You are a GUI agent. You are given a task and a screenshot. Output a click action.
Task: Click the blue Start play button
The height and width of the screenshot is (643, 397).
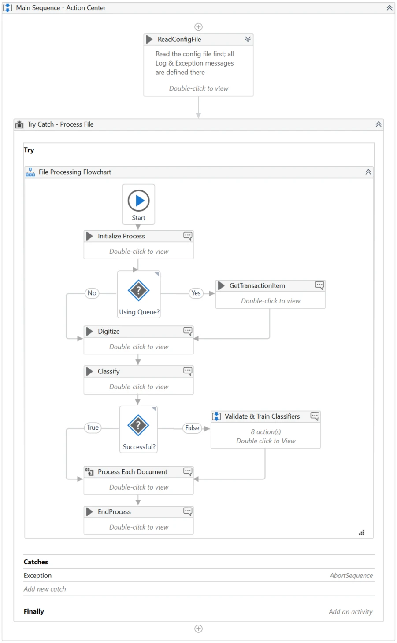click(139, 201)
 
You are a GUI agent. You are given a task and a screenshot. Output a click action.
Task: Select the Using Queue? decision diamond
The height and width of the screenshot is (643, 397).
click(139, 291)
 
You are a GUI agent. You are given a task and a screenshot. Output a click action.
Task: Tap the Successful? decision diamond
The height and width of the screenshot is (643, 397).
click(138, 425)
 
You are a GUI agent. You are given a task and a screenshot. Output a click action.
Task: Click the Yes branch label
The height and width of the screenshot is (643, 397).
click(196, 293)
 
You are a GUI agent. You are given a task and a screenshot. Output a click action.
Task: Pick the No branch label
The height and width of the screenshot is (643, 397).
click(92, 293)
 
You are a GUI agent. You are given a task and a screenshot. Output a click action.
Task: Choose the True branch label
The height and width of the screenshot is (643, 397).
click(93, 427)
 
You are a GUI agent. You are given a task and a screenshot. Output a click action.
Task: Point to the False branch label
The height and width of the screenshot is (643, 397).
click(192, 428)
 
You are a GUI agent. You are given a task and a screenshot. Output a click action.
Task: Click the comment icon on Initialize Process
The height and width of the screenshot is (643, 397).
click(188, 236)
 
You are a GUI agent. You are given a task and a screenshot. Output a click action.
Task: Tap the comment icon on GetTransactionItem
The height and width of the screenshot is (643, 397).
click(319, 285)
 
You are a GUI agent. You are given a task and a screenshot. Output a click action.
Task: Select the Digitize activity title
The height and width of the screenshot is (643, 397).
click(109, 332)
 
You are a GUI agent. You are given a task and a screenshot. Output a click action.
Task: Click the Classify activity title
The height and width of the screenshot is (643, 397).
click(109, 372)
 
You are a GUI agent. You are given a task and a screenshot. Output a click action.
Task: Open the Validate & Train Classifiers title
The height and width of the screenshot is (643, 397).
click(262, 416)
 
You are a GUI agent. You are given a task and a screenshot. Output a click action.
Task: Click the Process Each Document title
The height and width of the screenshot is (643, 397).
click(132, 472)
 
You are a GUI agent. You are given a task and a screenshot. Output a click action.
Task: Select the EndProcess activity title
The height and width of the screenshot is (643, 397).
click(114, 512)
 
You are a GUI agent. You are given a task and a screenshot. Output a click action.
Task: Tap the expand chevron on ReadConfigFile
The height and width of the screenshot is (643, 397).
click(248, 39)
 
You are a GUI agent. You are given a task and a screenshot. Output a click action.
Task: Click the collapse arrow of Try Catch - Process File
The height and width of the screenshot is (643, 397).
click(378, 124)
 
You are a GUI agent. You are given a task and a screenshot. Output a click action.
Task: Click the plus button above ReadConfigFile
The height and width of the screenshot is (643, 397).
click(198, 27)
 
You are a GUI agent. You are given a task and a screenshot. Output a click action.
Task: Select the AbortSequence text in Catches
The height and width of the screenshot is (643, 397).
click(351, 576)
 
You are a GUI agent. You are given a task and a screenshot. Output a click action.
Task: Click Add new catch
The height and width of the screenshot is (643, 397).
click(45, 589)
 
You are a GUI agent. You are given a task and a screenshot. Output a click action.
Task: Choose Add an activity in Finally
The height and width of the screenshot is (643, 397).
click(351, 612)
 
